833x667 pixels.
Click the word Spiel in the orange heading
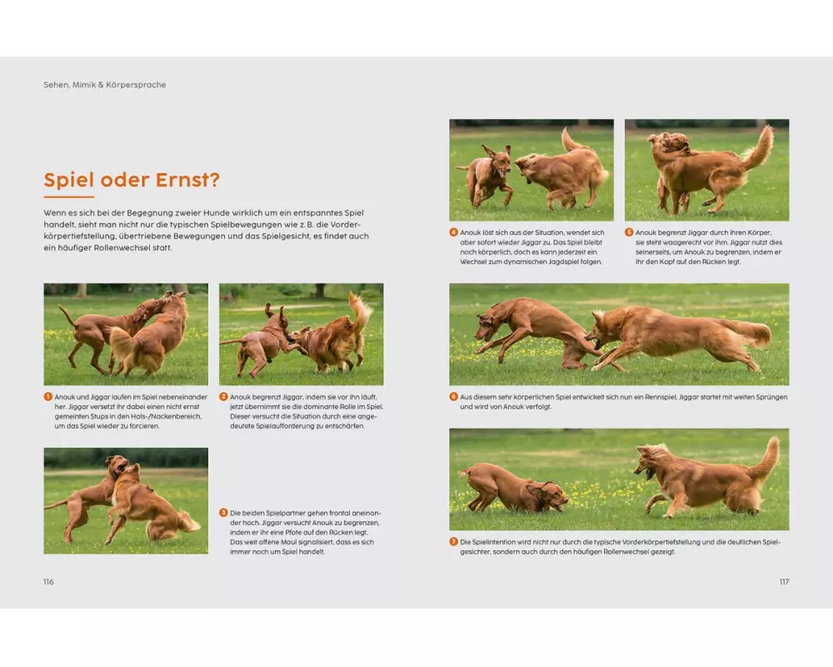point(68,180)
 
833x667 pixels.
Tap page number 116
point(48,582)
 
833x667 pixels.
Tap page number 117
point(784,582)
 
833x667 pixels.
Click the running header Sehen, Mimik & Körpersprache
point(105,84)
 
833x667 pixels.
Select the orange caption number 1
point(47,397)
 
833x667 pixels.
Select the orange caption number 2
point(223,397)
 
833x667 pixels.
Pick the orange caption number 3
point(223,513)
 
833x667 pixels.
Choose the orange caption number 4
point(454,233)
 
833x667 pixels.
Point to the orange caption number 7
point(454,542)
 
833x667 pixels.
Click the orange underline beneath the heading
point(68,197)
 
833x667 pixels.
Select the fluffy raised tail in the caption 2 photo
point(360,313)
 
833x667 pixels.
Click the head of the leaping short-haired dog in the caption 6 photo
point(487,325)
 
